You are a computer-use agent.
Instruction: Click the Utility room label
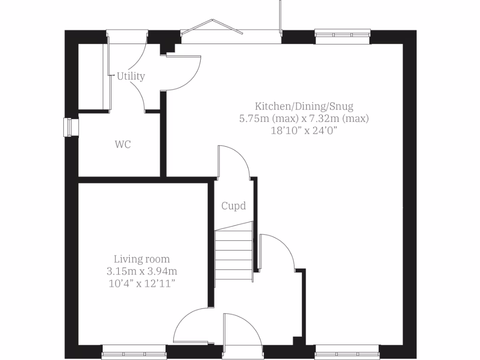click(x=131, y=76)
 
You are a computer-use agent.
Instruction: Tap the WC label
click(x=123, y=145)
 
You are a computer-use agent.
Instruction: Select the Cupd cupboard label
click(x=233, y=205)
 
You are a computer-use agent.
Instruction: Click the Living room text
click(x=142, y=259)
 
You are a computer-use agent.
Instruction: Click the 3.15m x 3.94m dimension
click(x=142, y=271)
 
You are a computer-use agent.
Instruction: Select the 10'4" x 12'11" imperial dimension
click(x=142, y=283)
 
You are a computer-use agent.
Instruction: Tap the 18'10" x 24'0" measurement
click(x=304, y=131)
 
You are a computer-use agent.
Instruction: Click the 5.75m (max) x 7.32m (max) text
click(x=304, y=118)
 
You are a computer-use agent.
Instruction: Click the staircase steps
click(x=234, y=255)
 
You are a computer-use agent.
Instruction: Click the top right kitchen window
click(x=342, y=34)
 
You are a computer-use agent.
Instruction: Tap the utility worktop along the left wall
click(x=93, y=77)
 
